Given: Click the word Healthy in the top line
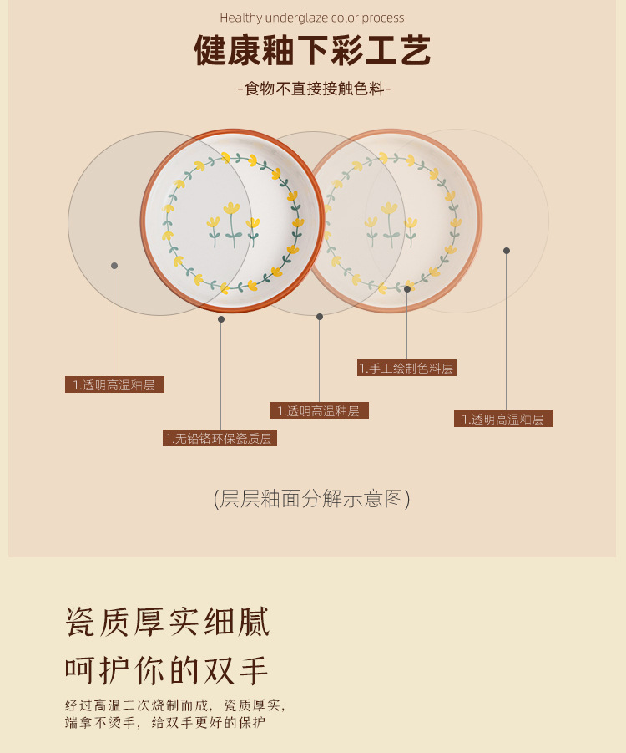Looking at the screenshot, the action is point(240,18).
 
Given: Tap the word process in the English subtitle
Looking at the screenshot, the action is point(381,18).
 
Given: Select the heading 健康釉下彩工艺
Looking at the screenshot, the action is point(312,51).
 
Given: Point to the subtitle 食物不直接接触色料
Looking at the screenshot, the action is point(313,89).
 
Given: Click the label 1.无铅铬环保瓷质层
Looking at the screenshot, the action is point(220,438).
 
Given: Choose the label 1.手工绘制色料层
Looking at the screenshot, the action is point(407,368).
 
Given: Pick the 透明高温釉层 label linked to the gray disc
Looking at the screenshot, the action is point(114,385).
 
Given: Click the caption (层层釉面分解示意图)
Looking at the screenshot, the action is point(312,499).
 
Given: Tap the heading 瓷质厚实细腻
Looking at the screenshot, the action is point(168,623).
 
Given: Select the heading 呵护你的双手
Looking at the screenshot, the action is point(167,670).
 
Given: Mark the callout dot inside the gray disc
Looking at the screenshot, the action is point(114,266).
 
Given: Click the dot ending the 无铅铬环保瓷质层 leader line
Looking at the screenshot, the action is point(221,318).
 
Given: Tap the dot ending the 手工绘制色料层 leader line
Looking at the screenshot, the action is point(407,289).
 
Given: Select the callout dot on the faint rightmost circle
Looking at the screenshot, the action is point(506,250).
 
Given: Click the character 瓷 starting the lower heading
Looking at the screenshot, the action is point(80,623).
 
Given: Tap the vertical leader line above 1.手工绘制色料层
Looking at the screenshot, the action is point(407,326).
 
